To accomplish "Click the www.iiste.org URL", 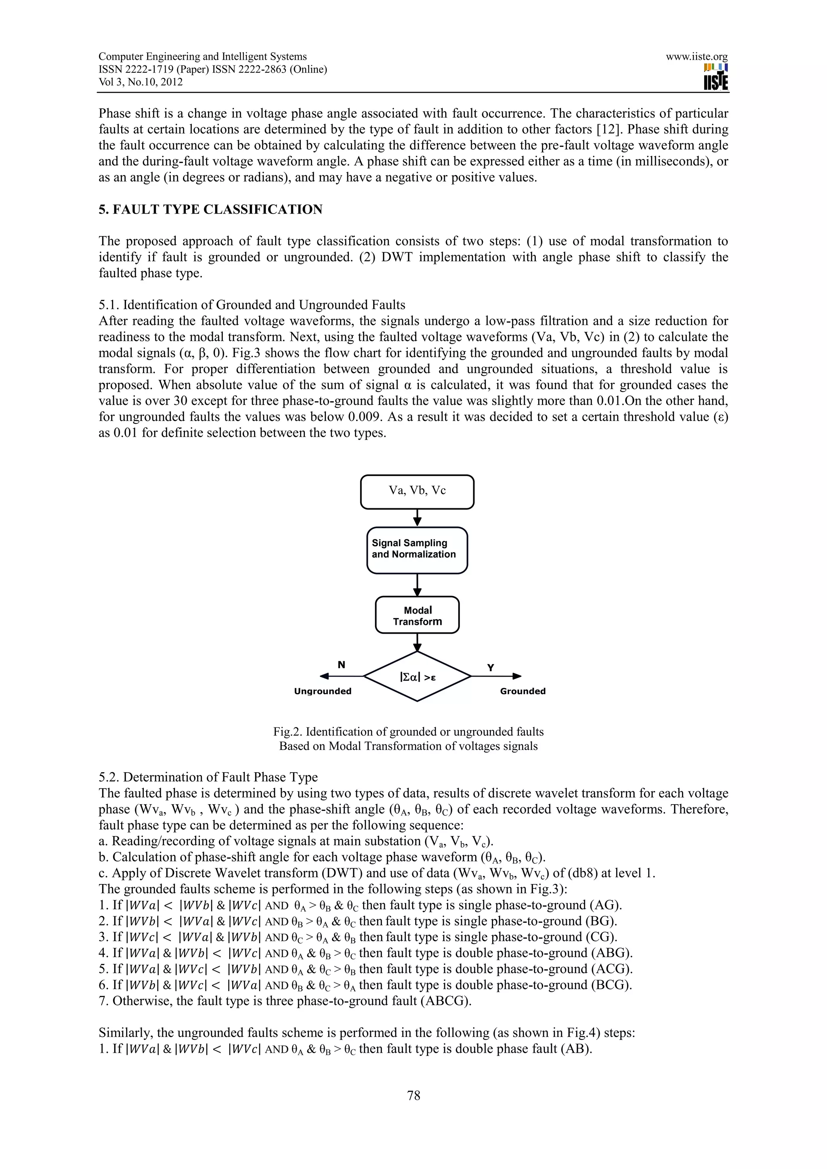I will [x=696, y=57].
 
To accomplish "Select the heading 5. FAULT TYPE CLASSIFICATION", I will [x=210, y=210].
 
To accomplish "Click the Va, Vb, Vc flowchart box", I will [x=417, y=491].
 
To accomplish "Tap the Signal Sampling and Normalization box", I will [x=417, y=550].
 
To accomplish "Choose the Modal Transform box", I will [x=417, y=615].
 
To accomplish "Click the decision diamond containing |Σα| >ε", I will [x=417, y=677].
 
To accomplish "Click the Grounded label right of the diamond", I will [x=523, y=691].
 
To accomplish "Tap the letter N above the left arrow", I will [x=341, y=664].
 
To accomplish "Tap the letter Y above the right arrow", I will [x=490, y=668].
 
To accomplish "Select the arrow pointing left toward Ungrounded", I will [x=341, y=676].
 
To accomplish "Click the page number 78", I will [x=413, y=1095].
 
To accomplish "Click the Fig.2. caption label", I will [x=288, y=732].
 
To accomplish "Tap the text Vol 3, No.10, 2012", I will [x=141, y=82].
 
